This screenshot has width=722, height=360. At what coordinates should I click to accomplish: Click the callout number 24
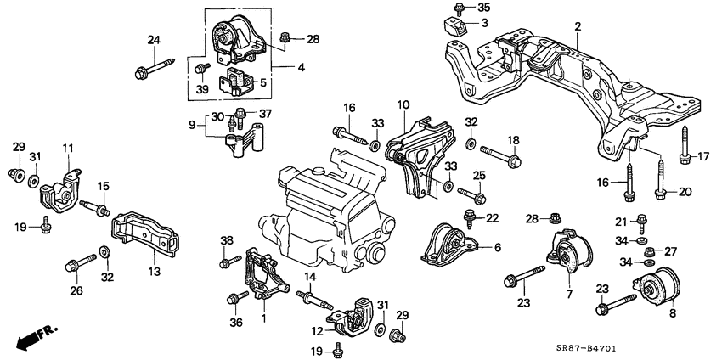[153, 40]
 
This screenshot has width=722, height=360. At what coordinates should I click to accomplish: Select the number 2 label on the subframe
[578, 28]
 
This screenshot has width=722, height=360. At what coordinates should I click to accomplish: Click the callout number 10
[403, 104]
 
